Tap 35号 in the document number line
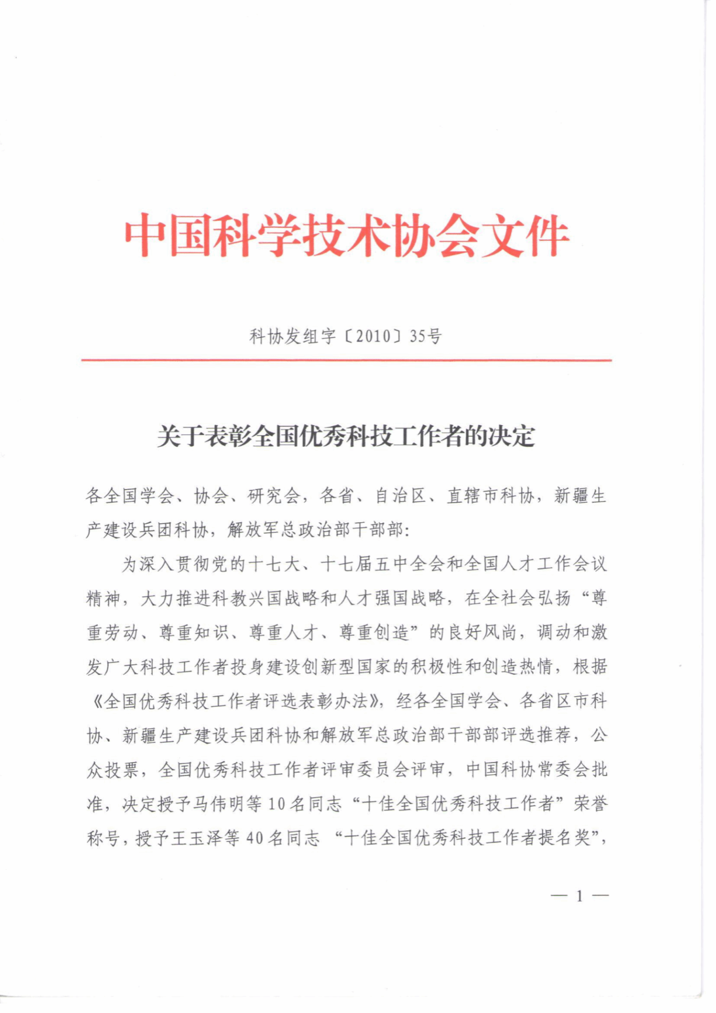425,337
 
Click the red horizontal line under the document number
346,360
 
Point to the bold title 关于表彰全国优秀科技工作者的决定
346,437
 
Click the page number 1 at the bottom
579,896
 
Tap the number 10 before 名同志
276,804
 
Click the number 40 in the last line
254,838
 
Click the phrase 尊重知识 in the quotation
194,633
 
